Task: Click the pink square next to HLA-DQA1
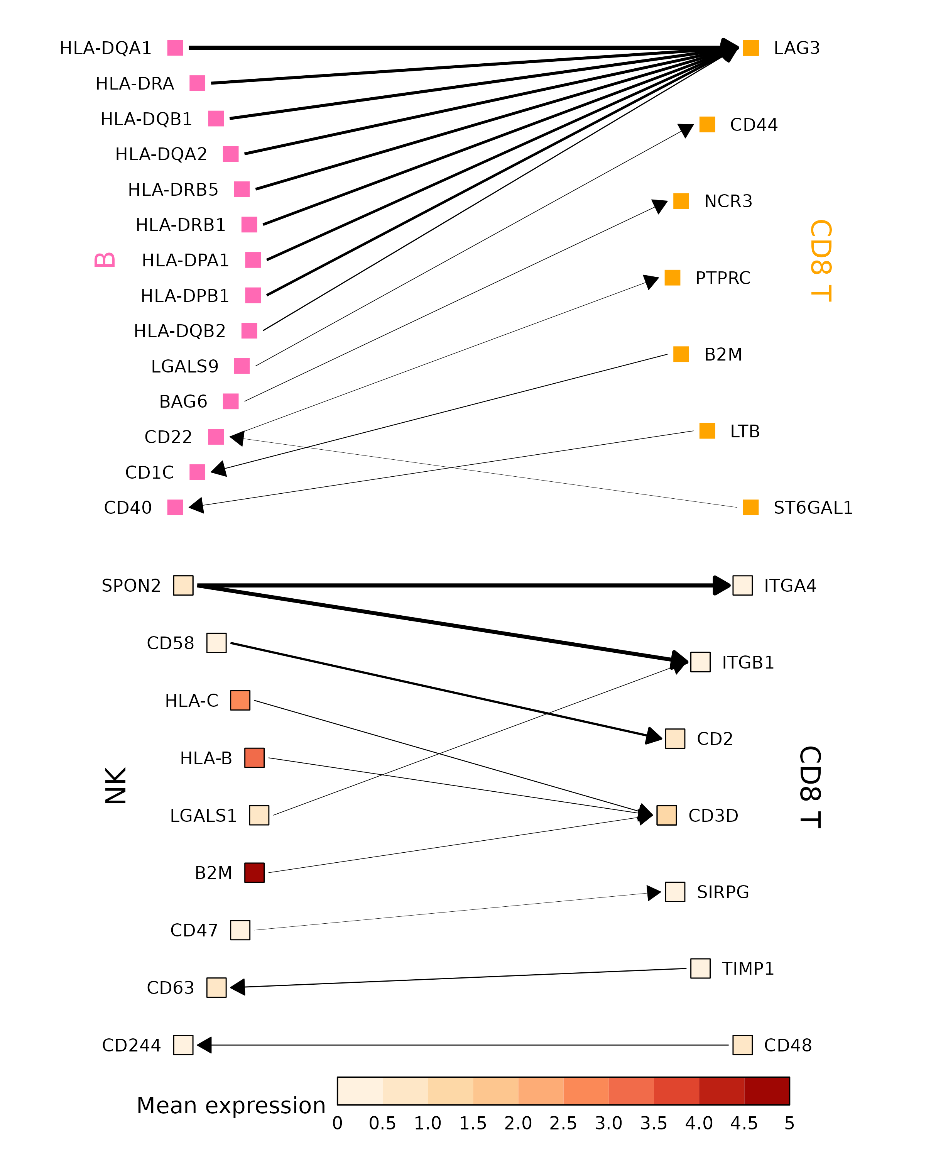[x=175, y=48]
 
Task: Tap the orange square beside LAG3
[x=750, y=48]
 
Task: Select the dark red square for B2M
[x=254, y=873]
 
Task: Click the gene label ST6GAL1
[x=813, y=508]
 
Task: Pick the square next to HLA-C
[x=240, y=700]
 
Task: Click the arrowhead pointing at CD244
[x=204, y=1045]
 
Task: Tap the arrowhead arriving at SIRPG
[x=653, y=893]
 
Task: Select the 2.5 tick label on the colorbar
[x=563, y=1123]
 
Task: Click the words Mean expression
[x=231, y=1106]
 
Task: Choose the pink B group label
[x=105, y=260]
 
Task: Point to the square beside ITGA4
[x=742, y=586]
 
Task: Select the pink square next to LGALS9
[x=242, y=366]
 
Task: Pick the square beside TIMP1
[x=700, y=968]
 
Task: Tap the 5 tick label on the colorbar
[x=789, y=1123]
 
